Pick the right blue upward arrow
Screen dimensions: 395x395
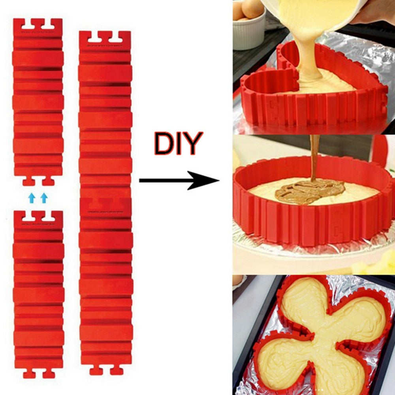44,198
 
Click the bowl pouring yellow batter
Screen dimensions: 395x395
312,12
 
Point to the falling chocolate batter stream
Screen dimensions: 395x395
314,158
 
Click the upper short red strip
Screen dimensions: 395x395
38,99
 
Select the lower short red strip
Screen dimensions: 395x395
38,292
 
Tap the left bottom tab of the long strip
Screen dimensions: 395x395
96,371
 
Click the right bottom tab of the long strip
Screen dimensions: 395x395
117,371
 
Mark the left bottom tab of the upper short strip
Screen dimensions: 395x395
28,181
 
